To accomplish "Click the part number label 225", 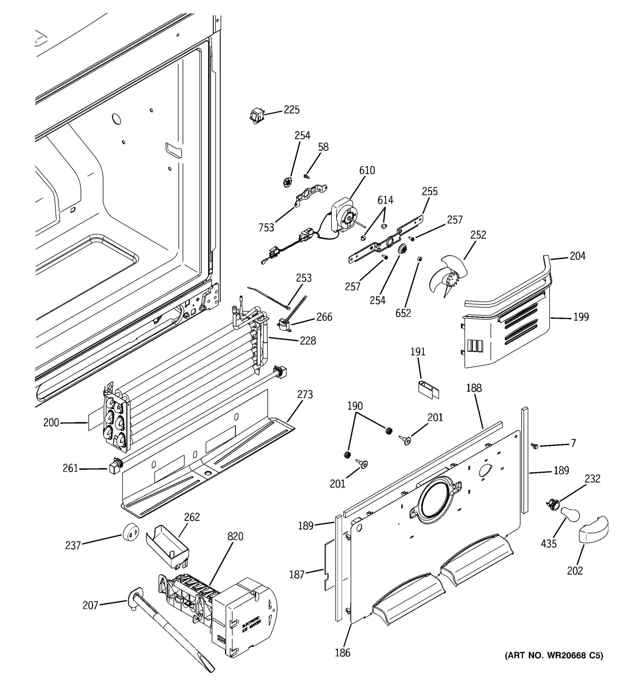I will (291, 110).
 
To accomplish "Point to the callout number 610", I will (367, 170).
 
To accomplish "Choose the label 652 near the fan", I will (403, 313).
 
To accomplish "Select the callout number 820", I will (235, 536).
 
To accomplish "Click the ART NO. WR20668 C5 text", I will (554, 656).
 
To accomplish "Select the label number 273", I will (305, 394).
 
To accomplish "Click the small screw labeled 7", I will (535, 446).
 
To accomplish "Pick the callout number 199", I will (581, 317).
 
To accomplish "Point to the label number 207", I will (90, 605).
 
